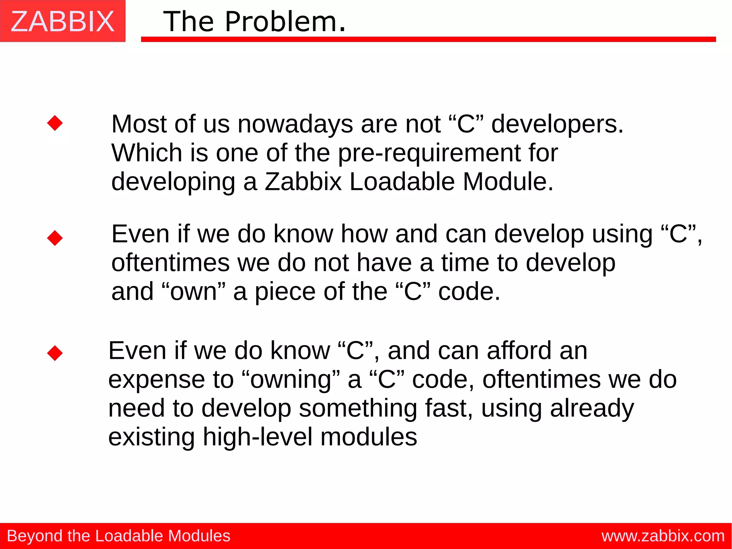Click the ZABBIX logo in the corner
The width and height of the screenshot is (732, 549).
pos(63,21)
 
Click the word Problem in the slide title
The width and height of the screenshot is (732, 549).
pos(285,22)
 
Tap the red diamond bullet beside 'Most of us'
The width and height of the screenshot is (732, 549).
pos(55,123)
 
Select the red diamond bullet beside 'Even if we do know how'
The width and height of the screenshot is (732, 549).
pos(55,238)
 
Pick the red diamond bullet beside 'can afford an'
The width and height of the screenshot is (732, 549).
pos(55,353)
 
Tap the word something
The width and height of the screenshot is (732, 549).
pos(358,408)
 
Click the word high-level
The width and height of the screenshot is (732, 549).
pos(257,437)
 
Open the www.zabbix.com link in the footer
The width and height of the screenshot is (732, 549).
pos(663,536)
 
